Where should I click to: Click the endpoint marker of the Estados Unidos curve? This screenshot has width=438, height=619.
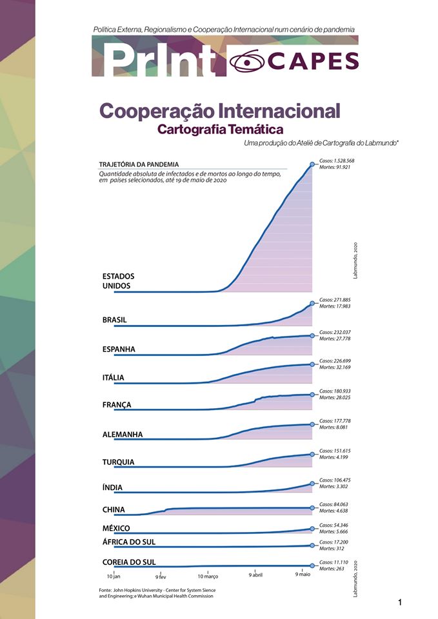(x=312, y=164)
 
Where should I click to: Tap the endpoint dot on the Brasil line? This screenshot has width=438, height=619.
(x=312, y=304)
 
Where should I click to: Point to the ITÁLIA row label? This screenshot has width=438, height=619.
(x=113, y=377)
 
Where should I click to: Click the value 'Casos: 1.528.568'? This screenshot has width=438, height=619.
(x=337, y=161)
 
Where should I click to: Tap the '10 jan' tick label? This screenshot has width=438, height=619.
(x=114, y=575)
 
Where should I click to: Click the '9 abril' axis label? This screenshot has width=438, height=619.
(x=256, y=575)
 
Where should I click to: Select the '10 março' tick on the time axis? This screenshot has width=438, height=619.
(x=208, y=575)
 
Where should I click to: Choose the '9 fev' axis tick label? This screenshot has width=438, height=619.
(x=161, y=576)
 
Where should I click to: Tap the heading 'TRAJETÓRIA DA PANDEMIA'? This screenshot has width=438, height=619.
(x=139, y=164)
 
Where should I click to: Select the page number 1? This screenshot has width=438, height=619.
(x=400, y=603)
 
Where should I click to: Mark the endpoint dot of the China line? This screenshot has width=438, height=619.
(x=312, y=508)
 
